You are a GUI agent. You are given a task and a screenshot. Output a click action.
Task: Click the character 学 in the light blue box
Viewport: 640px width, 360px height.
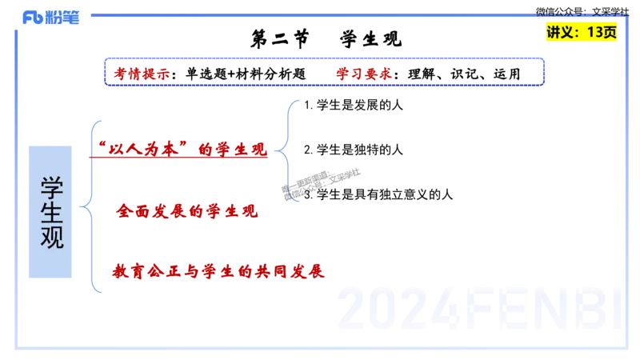[x=52, y=186]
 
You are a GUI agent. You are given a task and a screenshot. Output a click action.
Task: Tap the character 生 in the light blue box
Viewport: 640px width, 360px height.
[x=52, y=211]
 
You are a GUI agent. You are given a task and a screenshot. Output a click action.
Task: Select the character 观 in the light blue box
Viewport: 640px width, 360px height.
[x=52, y=237]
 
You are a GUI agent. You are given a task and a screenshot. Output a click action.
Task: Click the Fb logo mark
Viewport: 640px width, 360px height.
[x=32, y=18]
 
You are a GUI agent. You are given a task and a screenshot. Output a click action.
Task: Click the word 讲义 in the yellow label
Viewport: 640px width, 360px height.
[x=561, y=33]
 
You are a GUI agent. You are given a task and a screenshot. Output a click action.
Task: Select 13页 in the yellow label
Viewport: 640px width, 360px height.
[x=601, y=33]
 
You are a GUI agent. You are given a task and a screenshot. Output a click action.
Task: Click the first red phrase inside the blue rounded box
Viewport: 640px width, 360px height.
[x=141, y=74]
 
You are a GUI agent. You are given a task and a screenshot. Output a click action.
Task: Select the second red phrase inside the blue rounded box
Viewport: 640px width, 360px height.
[x=364, y=74]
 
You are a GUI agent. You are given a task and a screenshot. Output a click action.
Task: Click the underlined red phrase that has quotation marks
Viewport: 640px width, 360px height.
[x=182, y=149]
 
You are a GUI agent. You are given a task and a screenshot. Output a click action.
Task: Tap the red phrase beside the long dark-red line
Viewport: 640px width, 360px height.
[x=186, y=212]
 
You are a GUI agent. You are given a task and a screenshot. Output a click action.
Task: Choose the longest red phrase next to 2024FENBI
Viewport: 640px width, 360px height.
[x=218, y=271]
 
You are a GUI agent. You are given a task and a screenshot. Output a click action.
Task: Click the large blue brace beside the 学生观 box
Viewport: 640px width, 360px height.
[x=92, y=206]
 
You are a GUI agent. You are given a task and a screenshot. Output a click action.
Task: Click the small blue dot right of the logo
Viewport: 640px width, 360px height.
[x=94, y=15]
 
